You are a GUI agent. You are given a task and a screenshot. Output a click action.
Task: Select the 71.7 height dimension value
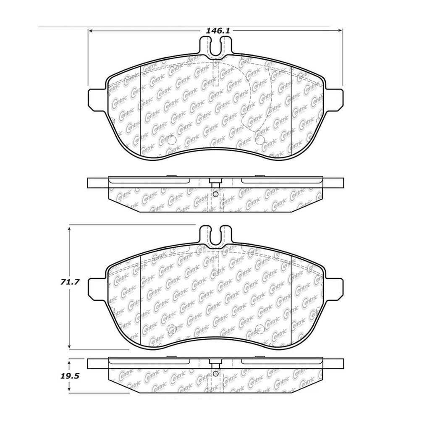(x=57, y=283)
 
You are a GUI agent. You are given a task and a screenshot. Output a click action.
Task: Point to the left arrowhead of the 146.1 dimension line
(x=90, y=31)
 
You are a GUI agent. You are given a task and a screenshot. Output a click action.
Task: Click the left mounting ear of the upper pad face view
(x=96, y=99)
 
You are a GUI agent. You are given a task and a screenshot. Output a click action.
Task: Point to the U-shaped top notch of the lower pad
(x=215, y=237)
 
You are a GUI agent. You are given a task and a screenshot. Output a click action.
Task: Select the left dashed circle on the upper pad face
(x=171, y=141)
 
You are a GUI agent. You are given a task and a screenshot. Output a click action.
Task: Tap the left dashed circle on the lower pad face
(x=171, y=330)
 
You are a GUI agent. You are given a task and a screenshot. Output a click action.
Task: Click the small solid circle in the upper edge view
(x=215, y=194)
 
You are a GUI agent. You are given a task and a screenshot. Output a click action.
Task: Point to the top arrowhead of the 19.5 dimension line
(x=70, y=360)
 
